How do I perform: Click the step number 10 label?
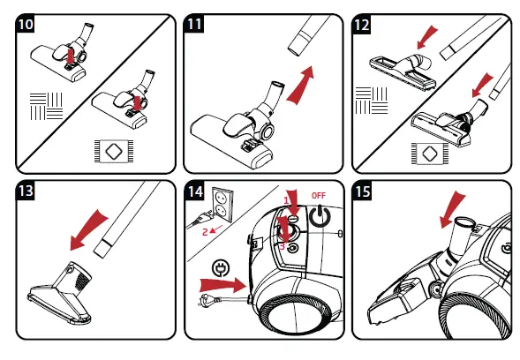pos(26,24)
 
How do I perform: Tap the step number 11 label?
pos(194,24)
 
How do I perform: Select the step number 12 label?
pos(361,25)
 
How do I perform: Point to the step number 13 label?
pos(26,191)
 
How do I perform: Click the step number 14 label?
pos(195,191)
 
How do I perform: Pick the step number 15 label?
pos(362,191)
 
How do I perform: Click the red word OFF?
pos(319,196)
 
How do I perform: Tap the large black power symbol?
pos(320,216)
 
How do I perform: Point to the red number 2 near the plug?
pos(206,232)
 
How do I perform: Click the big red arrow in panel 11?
pos(300,86)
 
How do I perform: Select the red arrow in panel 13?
pos(88,229)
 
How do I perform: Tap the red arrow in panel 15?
pos(452,209)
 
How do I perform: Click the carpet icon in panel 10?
pos(114,151)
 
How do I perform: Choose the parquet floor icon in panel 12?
pos(372,101)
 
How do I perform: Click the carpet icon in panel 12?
pos(430,154)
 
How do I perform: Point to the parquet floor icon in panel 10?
pos(47,106)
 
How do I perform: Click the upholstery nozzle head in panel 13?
pos(61,293)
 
